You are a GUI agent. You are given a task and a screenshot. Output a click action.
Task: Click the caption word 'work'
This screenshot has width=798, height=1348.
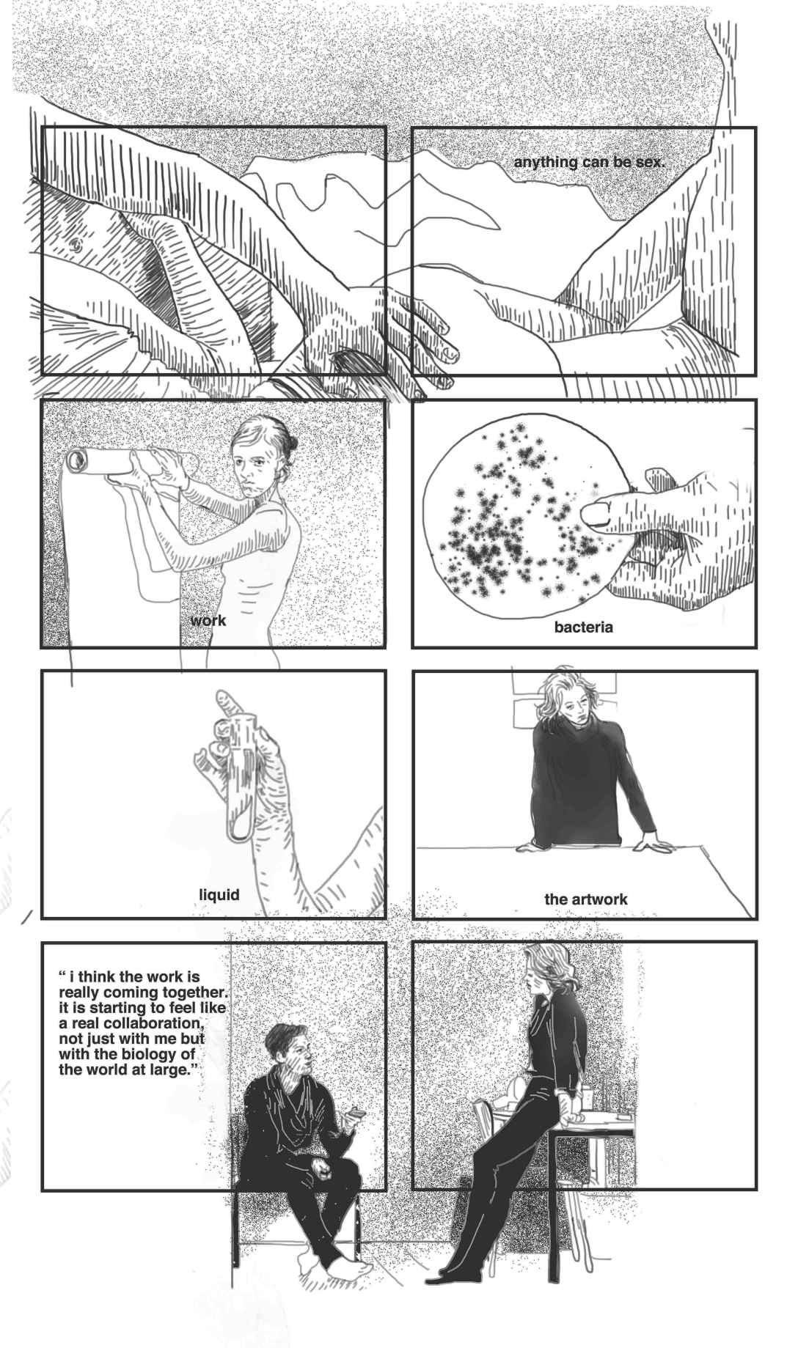coord(208,621)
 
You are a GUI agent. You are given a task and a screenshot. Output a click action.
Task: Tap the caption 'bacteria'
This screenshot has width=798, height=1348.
coord(583,627)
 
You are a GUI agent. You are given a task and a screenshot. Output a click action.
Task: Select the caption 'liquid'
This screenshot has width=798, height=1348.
coord(219,894)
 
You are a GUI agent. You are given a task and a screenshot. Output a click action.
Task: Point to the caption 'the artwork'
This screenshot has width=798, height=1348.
coord(585,899)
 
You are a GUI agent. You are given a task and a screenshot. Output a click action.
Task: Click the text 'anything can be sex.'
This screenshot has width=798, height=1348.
coord(589,161)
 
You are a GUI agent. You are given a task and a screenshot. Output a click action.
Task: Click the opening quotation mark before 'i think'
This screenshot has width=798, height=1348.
coord(63,976)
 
